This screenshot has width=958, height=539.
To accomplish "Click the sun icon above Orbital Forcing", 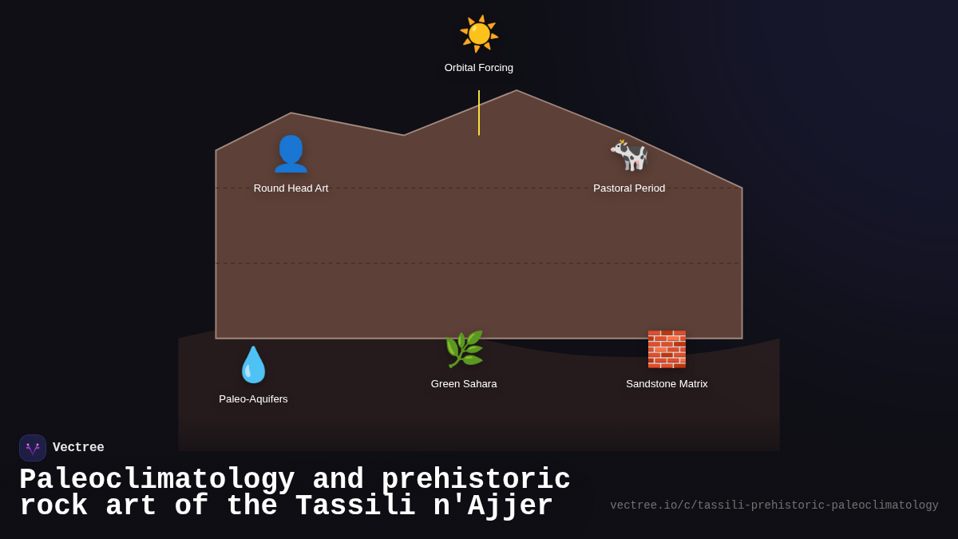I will pyautogui.click(x=479, y=34).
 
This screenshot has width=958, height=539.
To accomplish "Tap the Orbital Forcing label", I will pyautogui.click(x=479, y=68).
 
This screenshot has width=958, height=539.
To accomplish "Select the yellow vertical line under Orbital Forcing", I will pyautogui.click(x=479, y=113).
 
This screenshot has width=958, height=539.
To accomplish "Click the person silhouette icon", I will pyautogui.click(x=291, y=154).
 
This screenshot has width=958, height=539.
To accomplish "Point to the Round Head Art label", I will pyautogui.click(x=291, y=188).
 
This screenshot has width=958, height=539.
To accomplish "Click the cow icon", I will pyautogui.click(x=629, y=155).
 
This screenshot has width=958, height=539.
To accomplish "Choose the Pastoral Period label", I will pyautogui.click(x=629, y=188).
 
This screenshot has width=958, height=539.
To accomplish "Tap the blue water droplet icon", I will pyautogui.click(x=253, y=365).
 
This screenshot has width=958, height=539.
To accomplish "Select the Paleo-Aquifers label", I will pyautogui.click(x=253, y=399).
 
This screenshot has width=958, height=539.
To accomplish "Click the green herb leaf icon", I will pyautogui.click(x=464, y=350).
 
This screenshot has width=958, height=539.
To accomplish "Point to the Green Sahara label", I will pyautogui.click(x=464, y=384).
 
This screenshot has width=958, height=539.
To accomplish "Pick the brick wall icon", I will pyautogui.click(x=667, y=349).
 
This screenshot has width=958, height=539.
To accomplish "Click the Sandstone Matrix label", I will pyautogui.click(x=667, y=384).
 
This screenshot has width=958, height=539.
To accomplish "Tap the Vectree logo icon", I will pyautogui.click(x=33, y=448).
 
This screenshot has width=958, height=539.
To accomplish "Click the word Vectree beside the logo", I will pyautogui.click(x=78, y=448).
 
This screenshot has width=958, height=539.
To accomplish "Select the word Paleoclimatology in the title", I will pyautogui.click(x=156, y=480).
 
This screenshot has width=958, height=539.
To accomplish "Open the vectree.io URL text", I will pyautogui.click(x=774, y=505).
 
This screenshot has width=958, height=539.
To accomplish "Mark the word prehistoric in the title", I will pyautogui.click(x=476, y=480).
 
